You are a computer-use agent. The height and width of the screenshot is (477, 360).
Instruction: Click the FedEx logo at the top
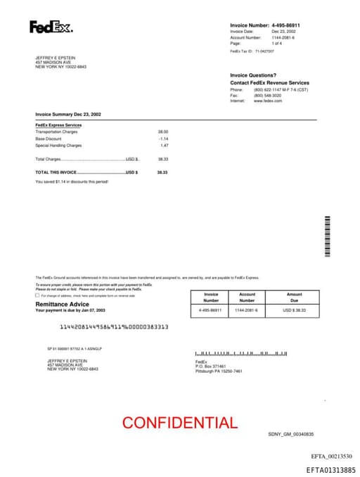point(51,27)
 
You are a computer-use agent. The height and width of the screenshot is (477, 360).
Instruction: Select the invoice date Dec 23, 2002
point(284,32)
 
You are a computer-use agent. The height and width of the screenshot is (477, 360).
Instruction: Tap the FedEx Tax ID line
point(252,51)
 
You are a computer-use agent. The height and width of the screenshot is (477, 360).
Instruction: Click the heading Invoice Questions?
point(253,75)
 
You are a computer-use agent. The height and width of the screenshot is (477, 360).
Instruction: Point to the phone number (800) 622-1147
point(270,90)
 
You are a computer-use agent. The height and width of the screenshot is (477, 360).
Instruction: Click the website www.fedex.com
point(268,101)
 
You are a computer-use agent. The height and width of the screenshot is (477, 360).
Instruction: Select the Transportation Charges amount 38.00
point(162,132)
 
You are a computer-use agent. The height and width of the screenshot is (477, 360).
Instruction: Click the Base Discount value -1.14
point(163,139)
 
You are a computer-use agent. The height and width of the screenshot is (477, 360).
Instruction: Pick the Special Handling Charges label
point(58,146)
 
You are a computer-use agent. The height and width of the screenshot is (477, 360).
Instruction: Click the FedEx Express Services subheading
point(58,125)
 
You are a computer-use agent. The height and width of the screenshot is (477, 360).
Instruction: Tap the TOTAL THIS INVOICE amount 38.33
point(162,172)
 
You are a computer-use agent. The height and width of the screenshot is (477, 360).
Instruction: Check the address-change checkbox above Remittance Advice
point(37,295)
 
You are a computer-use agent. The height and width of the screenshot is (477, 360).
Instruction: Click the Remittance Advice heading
point(63,304)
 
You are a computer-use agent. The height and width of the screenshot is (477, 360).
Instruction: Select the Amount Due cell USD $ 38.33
point(295,310)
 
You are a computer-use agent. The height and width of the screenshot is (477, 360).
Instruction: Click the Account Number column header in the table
point(247,297)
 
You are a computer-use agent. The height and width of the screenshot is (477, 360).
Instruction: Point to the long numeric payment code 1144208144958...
point(114,326)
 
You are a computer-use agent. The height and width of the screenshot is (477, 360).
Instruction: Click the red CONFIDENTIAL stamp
point(180,423)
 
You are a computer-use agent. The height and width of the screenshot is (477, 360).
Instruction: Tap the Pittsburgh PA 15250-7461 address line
point(219,371)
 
